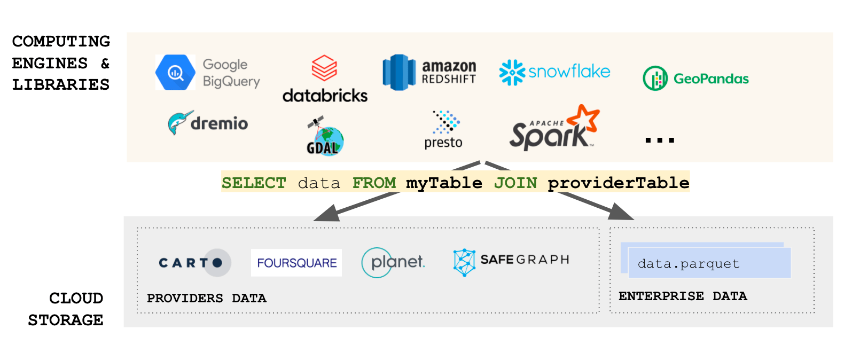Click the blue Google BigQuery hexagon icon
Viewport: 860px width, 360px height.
175,72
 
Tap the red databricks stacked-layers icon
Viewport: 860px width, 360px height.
324,68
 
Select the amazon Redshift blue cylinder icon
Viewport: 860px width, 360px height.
398,73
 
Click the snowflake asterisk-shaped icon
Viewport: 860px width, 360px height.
512,72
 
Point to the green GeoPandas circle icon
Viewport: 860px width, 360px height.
655,79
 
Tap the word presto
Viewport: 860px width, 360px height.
443,143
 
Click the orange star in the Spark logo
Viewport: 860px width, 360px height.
584,118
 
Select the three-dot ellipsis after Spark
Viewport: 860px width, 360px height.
660,140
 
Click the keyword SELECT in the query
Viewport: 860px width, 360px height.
254,183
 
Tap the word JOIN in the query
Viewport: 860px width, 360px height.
515,183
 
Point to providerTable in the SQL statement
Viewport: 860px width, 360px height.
619,183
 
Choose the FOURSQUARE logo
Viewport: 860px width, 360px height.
296,263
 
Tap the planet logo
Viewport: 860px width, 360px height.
393,262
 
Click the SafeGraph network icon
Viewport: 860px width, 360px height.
464,262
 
